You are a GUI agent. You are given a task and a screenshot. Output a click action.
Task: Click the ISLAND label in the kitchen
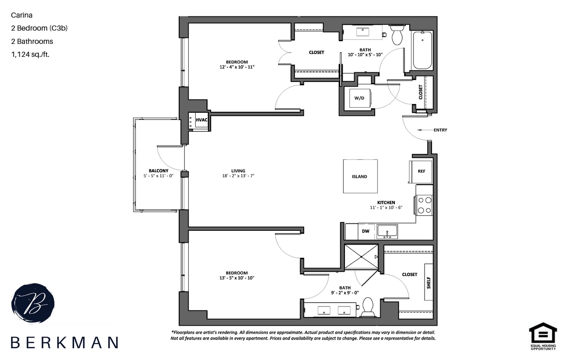[360, 176]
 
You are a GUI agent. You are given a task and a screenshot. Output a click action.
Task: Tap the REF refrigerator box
[421, 171]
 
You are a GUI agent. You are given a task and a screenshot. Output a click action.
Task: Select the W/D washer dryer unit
[360, 98]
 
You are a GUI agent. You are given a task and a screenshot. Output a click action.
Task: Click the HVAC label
[202, 120]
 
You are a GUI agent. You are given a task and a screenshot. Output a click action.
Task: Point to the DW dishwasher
[366, 231]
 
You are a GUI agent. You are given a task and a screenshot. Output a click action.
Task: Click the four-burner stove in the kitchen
[424, 205]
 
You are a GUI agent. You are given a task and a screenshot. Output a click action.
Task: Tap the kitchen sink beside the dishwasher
[387, 232]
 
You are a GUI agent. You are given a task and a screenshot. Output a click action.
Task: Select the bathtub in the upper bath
[422, 50]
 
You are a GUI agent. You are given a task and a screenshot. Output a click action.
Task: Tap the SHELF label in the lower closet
[429, 282]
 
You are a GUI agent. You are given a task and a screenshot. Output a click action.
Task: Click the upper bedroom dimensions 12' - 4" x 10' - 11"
[237, 67]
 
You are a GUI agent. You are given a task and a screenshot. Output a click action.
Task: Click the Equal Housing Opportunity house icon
[543, 332]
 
